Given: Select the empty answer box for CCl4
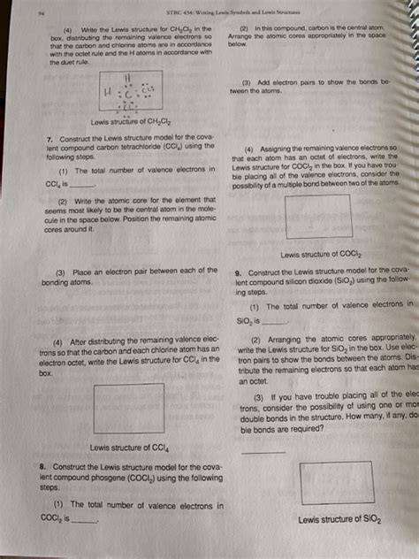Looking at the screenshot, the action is pyautogui.click(x=129, y=408).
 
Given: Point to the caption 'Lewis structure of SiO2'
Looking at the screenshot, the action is pyautogui.click(x=339, y=520).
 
